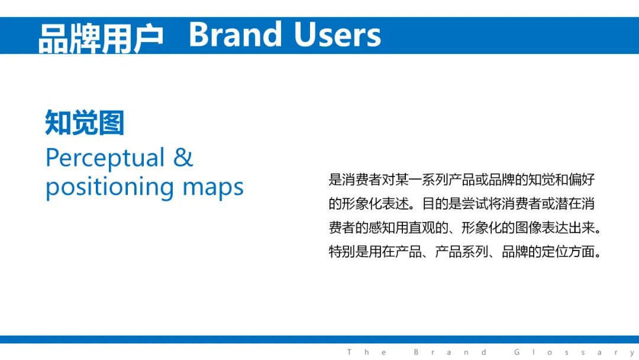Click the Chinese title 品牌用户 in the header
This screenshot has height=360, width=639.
[101, 38]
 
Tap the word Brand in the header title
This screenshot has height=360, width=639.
[235, 35]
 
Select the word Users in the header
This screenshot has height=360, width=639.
[337, 35]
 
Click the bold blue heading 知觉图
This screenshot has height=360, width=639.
[85, 123]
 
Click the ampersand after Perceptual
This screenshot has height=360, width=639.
[183, 157]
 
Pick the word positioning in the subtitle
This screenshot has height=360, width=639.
[109, 188]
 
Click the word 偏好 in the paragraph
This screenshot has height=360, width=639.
[582, 179]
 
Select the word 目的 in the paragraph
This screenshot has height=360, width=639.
[435, 204]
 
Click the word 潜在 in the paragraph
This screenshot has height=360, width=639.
[568, 204]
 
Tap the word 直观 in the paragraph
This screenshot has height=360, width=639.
[422, 227]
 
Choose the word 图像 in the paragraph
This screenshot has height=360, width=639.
[528, 227]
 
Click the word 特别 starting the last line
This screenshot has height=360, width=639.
[342, 252]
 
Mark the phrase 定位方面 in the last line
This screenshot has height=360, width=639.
[568, 252]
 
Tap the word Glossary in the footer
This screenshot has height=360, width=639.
[574, 352]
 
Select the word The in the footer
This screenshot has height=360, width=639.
[367, 352]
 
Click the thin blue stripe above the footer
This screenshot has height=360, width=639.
[319, 339]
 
